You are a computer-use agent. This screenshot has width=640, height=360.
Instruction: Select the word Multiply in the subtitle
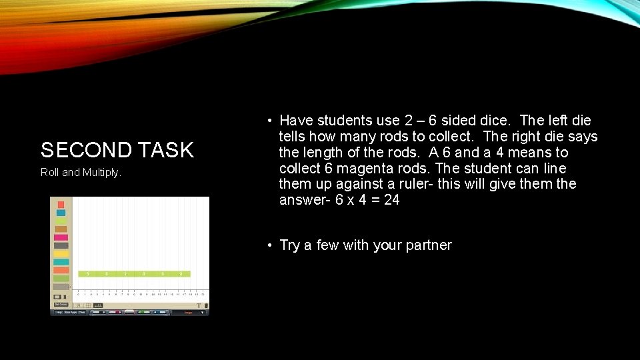point(101,173)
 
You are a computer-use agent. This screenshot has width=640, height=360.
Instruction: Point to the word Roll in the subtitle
point(50,173)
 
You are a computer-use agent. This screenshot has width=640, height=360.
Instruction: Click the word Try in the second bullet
point(290,245)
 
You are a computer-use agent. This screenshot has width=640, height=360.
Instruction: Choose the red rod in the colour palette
point(61,205)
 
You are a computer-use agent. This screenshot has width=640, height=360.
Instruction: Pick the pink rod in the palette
point(61,237)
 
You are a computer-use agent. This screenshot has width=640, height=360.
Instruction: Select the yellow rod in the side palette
point(61,254)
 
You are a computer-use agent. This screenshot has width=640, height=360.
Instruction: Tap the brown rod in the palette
point(61,229)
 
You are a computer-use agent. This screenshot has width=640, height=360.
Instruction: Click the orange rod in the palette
point(61,270)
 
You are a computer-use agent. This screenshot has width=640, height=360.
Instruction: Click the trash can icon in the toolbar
point(206,305)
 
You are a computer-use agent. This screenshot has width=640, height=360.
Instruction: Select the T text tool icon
point(199,305)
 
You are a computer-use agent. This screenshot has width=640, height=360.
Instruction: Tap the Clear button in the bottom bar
point(81,312)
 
